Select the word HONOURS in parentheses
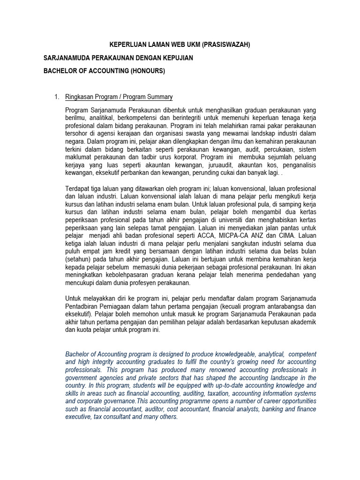click(146, 71)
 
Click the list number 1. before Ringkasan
click(57, 97)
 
